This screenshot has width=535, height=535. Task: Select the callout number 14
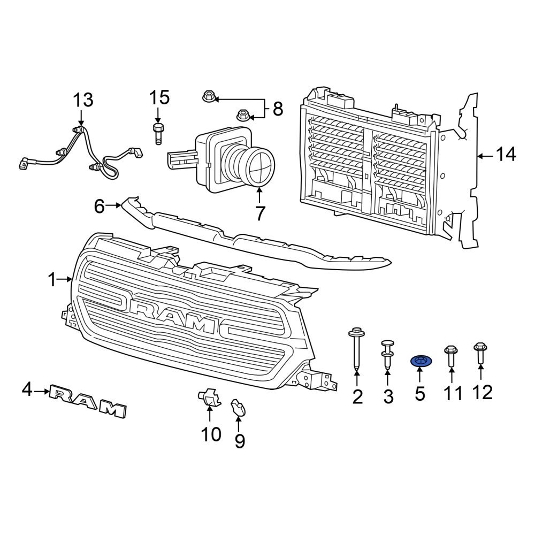tap(505, 156)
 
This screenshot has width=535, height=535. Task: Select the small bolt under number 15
tap(158, 132)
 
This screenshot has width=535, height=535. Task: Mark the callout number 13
tap(83, 100)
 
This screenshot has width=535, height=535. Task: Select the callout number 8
tap(277, 109)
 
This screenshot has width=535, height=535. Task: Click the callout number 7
tap(260, 213)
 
